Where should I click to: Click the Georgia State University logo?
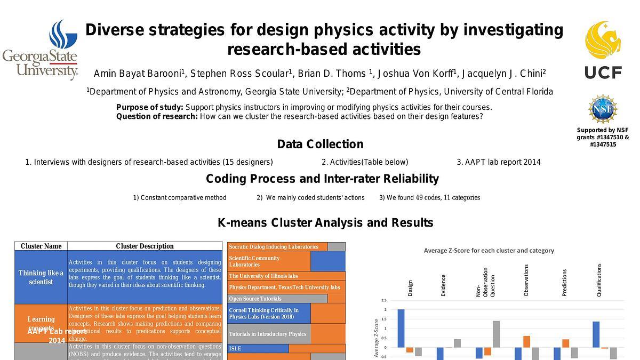[41, 50]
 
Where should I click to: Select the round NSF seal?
[603, 109]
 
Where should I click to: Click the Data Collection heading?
[320, 144]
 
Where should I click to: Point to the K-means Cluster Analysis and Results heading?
[325, 222]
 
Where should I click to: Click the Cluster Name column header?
[41, 246]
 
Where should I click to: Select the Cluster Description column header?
[145, 246]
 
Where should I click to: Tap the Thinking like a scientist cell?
[41, 277]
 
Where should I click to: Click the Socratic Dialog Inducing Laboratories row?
[277, 247]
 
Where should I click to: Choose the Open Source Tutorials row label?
[255, 299]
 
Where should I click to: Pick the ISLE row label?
[235, 348]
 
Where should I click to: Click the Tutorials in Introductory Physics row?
[268, 334]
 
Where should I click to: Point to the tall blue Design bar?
[401, 328]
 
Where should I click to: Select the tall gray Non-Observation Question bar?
[496, 334]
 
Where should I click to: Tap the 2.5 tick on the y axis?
[384, 300]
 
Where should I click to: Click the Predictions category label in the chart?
[565, 282]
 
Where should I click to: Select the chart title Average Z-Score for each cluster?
[489, 250]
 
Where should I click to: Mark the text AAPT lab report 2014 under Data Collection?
[498, 162]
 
